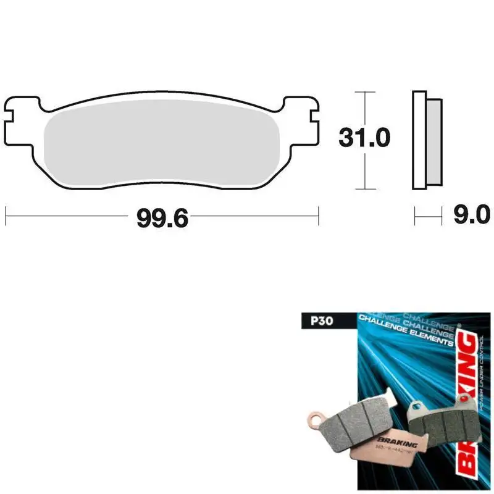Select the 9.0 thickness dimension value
click(471, 216)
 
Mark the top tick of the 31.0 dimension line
click(365, 93)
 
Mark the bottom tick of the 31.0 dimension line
click(365, 189)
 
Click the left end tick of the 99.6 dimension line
click(6, 216)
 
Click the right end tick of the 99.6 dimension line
click(319, 216)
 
